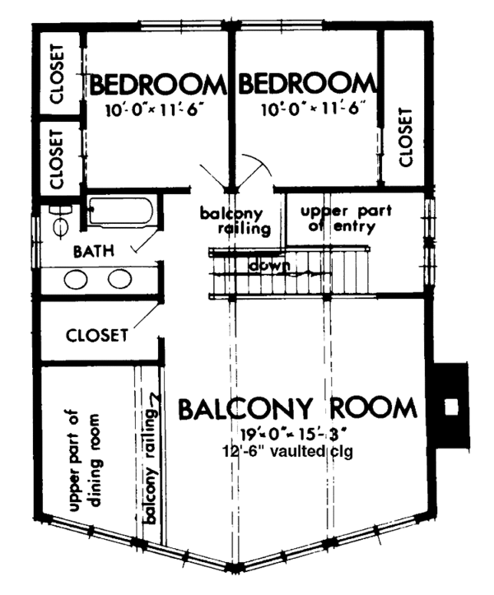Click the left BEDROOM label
157,85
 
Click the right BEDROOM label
305,85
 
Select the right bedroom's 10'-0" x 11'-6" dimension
312,109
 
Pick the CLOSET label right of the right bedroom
405,136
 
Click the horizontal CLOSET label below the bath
96,335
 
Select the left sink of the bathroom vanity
77,279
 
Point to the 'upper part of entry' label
338,217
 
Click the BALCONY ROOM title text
297,408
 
